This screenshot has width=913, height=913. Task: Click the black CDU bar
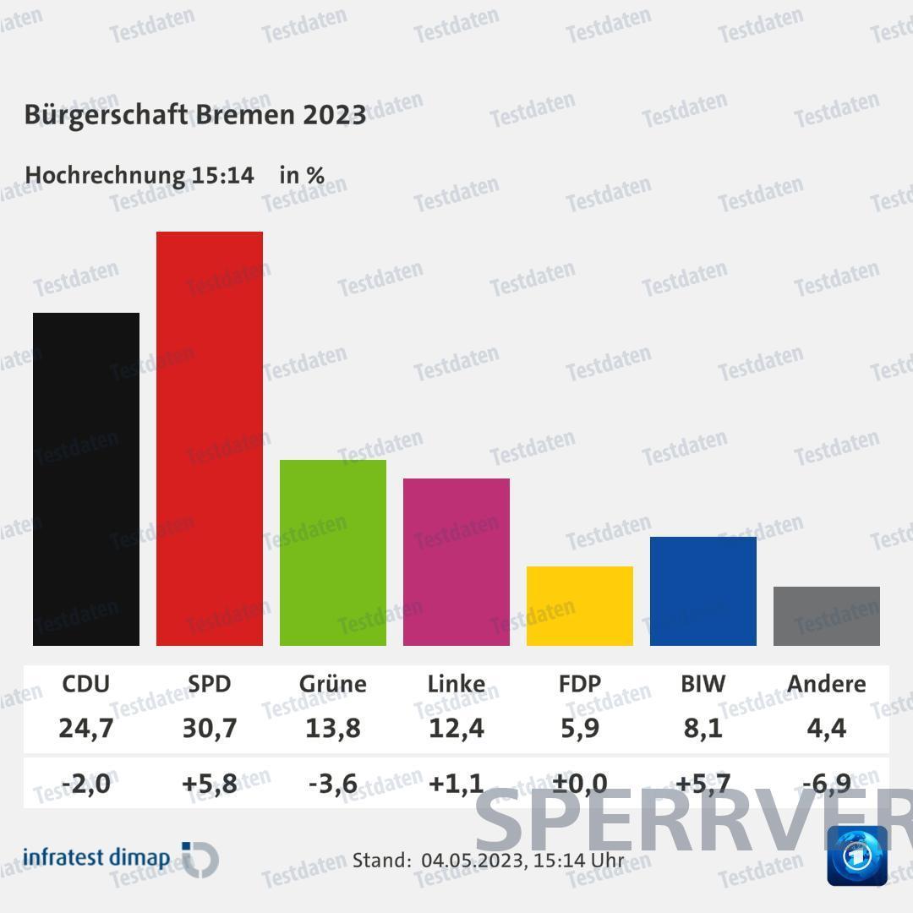coord(86,479)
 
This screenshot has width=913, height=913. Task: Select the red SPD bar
coord(210,439)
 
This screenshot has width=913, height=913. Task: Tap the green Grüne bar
coord(333,553)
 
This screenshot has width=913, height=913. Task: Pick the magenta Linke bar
coord(456,562)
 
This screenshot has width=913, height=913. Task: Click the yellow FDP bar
coord(580,606)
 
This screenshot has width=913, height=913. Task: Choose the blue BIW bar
coord(703,591)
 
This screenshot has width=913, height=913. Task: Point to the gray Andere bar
coord(827,616)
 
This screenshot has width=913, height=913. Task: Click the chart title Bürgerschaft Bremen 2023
coord(195,115)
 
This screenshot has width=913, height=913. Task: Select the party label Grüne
coord(333,683)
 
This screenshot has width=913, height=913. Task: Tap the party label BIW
coord(703,683)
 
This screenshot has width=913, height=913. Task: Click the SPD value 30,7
coord(210,728)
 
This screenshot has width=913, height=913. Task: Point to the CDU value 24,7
coord(86,728)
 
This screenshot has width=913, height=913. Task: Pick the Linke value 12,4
coord(456,728)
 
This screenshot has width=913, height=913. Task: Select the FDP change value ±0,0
coord(580,784)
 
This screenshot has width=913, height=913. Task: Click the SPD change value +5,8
coord(210,784)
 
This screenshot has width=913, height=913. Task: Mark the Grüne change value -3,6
coord(333,784)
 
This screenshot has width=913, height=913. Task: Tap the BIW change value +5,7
coord(703,784)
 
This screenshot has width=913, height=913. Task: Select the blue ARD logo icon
coord(857,856)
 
